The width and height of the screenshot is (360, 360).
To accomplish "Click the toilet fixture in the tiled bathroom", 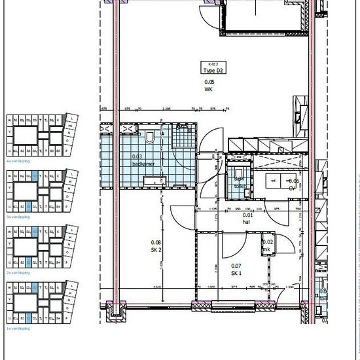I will pyautogui.click(x=151, y=136).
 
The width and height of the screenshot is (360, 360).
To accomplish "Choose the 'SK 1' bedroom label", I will pyautogui.click(x=236, y=272).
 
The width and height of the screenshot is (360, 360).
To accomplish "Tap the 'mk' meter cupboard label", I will pyautogui.click(x=267, y=249).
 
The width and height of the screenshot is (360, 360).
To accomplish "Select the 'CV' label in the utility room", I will pyautogui.click(x=293, y=188).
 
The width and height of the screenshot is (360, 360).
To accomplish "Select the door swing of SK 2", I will pyautogui.click(x=184, y=215).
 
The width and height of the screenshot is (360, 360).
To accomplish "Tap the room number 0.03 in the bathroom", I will pyautogui.click(x=137, y=156).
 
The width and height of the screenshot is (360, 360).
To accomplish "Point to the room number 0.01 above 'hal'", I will pyautogui.click(x=248, y=215).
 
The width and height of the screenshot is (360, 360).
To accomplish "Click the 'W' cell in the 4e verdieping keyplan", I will pyautogui.click(x=10, y=120).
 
